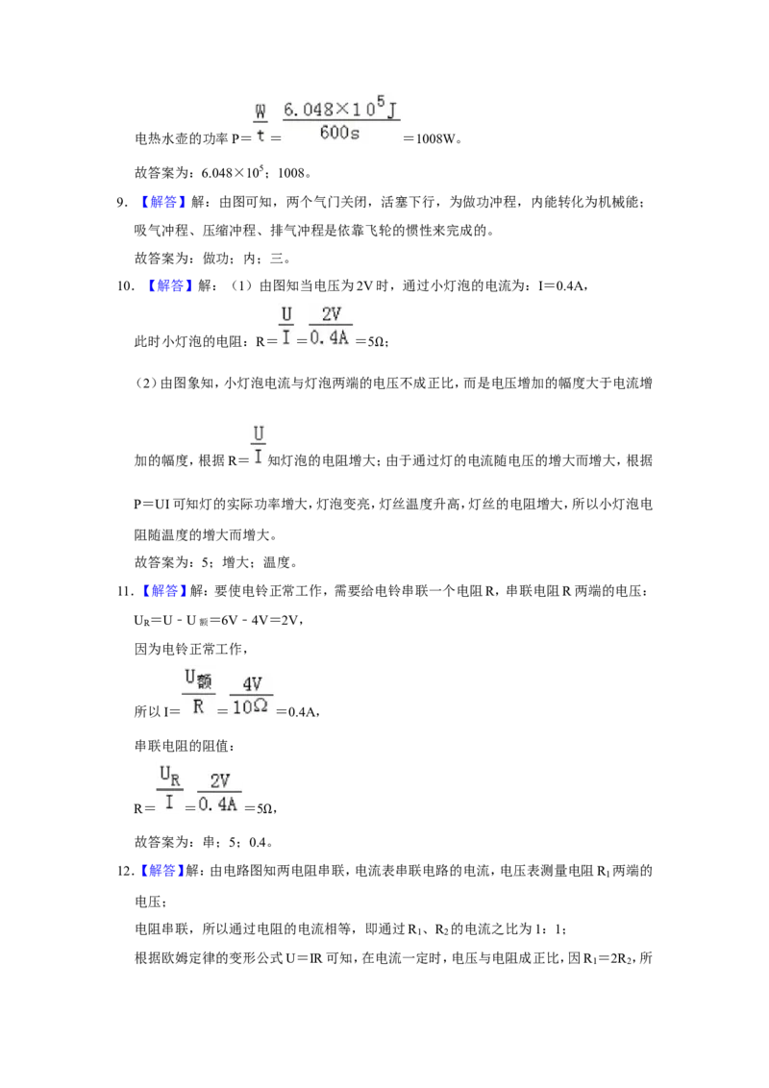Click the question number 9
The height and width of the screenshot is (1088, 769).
click(121, 203)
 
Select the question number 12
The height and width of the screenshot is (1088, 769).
click(125, 871)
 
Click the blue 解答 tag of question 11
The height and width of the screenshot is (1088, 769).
click(160, 590)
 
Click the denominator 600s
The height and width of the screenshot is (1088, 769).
click(339, 132)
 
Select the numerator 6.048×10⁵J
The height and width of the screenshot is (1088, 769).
click(341, 108)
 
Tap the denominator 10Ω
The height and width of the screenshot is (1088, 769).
click(250, 707)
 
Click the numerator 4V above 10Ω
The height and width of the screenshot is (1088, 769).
click(252, 683)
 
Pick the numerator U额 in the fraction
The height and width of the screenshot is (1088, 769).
click(198, 678)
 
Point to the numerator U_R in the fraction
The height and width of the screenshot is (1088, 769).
click(170, 776)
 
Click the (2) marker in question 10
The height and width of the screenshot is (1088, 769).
click(146, 383)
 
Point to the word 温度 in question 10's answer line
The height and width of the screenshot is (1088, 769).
click(276, 562)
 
